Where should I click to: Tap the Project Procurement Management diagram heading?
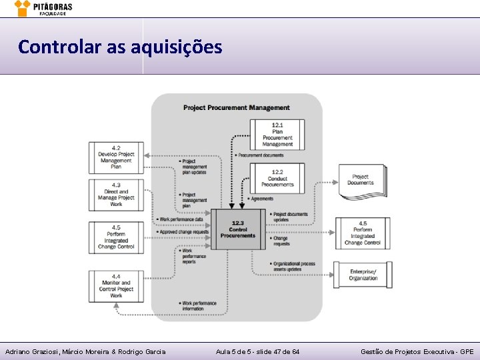pos(236,107)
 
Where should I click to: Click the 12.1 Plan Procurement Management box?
pos(277,134)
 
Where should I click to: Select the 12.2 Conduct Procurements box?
pos(277,178)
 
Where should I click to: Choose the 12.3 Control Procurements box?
pos(237,229)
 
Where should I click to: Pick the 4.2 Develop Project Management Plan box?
pos(116,157)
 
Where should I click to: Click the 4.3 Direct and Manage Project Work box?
pos(116,195)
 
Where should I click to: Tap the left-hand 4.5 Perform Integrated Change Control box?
pos(116,237)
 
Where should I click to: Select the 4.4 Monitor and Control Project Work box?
pos(116,286)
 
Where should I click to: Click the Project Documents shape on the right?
pos(361,180)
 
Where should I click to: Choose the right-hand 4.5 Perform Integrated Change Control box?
pos(363,233)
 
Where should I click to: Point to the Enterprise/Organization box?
pos(363,274)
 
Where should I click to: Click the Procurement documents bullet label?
pos(260,155)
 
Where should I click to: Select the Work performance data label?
pos(182,219)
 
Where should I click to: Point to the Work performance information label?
pos(199,306)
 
